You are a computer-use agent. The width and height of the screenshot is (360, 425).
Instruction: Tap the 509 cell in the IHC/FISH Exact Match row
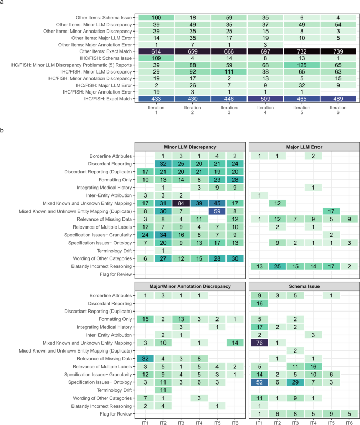(x=264, y=98)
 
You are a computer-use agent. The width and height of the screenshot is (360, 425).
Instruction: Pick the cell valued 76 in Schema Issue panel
(x=258, y=343)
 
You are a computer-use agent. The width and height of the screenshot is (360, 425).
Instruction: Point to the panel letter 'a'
(x=3, y=3)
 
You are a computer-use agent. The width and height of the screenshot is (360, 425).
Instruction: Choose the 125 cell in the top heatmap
(x=301, y=65)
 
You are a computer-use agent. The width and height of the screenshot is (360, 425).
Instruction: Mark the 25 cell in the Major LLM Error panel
(x=274, y=267)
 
